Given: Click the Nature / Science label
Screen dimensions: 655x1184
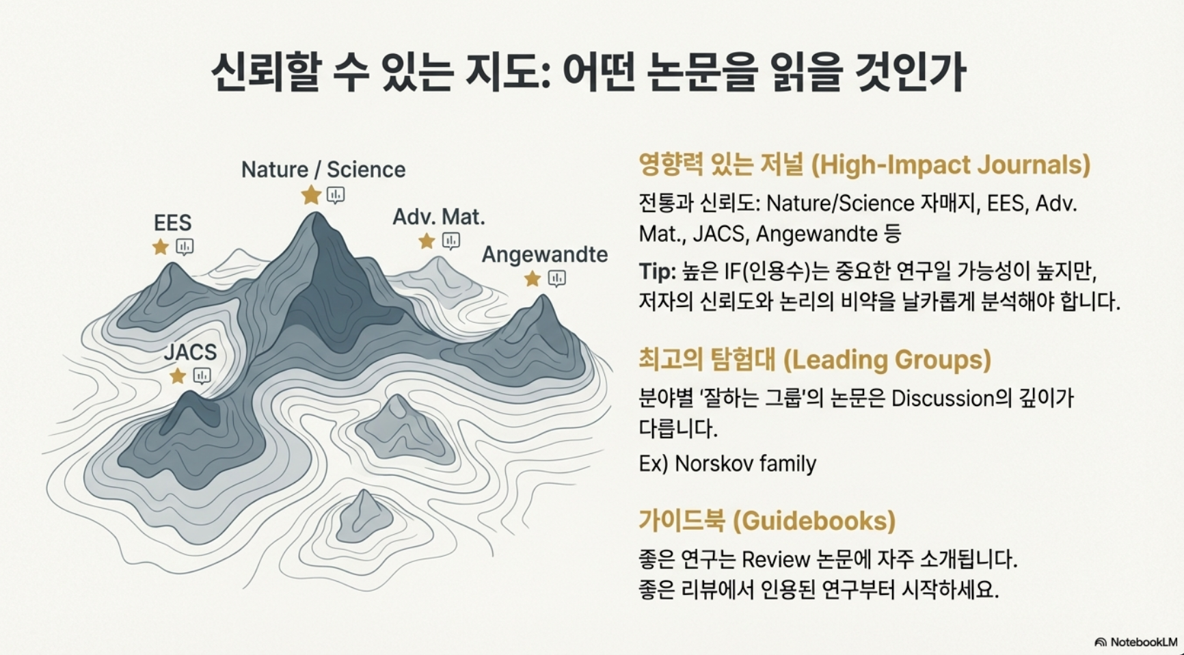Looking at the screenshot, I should [x=323, y=170].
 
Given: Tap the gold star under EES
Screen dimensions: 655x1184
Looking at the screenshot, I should [x=161, y=247].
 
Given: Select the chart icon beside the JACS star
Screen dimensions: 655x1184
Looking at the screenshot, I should [x=202, y=375].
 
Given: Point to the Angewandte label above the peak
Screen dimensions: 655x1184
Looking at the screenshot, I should [x=544, y=254].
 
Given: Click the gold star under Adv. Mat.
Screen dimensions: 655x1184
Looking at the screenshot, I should [x=427, y=241].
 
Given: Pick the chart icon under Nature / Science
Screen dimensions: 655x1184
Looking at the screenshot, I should [x=335, y=195].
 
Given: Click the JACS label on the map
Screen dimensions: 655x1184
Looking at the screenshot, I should [x=190, y=352].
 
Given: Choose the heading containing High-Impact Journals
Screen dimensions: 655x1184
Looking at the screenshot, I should [x=864, y=165].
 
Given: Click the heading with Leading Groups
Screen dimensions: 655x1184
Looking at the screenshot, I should [x=814, y=360].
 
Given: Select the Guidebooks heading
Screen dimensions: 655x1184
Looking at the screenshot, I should [x=766, y=521].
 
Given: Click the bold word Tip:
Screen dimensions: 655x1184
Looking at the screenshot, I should [x=657, y=271].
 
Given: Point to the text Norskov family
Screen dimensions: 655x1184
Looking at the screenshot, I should [x=745, y=464].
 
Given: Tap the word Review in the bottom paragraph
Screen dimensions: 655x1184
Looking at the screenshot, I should [x=775, y=560].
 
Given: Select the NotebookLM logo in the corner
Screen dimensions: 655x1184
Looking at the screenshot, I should [x=1136, y=642].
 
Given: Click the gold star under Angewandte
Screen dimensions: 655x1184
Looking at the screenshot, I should [x=533, y=278].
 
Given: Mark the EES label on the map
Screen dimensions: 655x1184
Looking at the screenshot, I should [x=172, y=223].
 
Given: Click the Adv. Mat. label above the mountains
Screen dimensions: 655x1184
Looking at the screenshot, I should [x=438, y=217].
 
